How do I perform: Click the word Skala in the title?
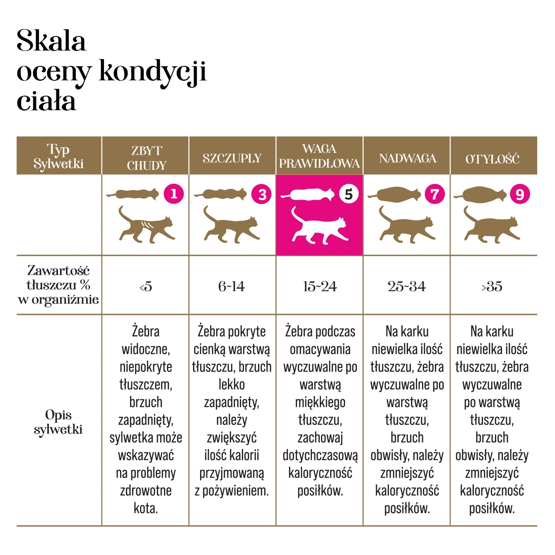point(51,41)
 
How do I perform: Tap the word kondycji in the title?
point(152,72)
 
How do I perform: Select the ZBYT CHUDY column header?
point(146,158)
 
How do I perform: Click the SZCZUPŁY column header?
point(232,158)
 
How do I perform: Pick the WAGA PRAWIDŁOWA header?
point(319,156)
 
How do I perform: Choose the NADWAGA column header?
point(408,158)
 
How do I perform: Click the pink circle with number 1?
point(174,193)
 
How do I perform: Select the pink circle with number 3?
point(262,194)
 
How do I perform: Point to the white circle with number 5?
point(349,194)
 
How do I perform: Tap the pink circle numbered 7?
point(434,194)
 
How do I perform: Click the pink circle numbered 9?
point(520,194)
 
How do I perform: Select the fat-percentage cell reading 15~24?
point(320,286)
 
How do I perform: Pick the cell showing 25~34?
point(407,286)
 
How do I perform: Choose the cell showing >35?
point(492,286)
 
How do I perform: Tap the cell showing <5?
point(146,286)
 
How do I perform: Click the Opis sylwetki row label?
point(58,422)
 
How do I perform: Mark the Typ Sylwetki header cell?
point(58,156)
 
